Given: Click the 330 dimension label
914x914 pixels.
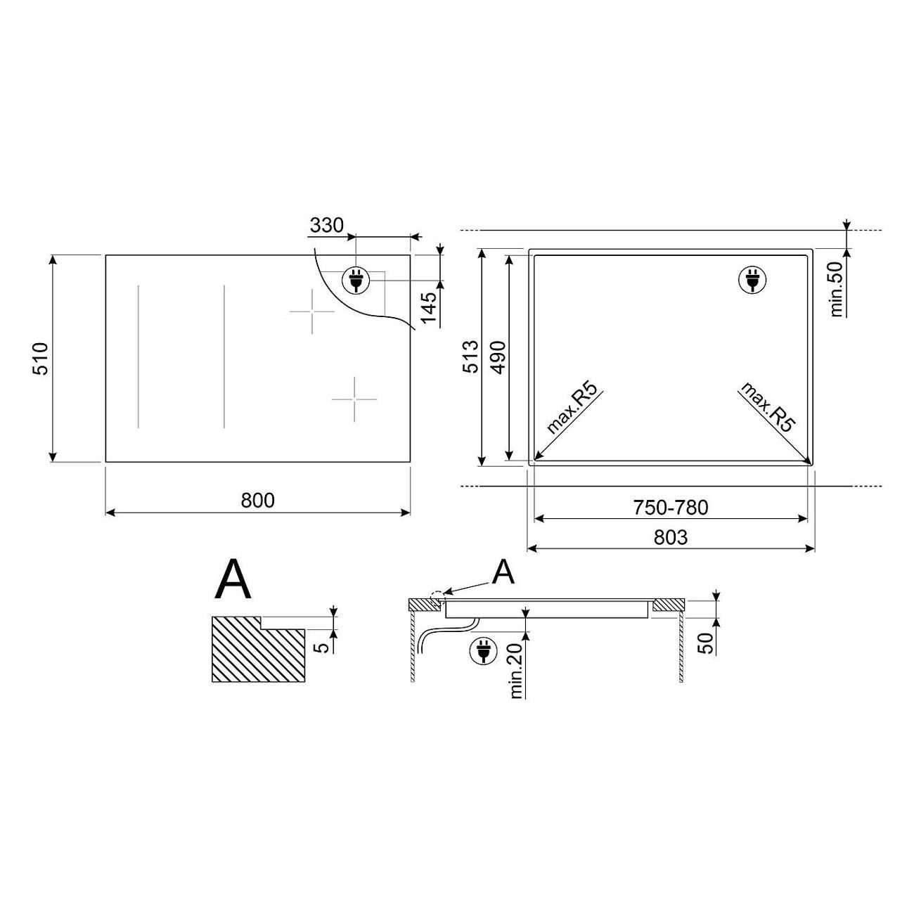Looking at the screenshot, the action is point(326,226).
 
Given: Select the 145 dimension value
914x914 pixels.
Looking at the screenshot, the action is point(429,308).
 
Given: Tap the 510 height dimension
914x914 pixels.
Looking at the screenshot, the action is point(41,359).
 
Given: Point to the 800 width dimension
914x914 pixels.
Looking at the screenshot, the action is point(257,501).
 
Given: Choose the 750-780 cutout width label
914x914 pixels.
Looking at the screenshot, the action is point(671,508).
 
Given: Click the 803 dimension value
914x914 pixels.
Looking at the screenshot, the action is point(671,537).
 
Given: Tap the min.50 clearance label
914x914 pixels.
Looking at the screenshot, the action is point(837,289).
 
